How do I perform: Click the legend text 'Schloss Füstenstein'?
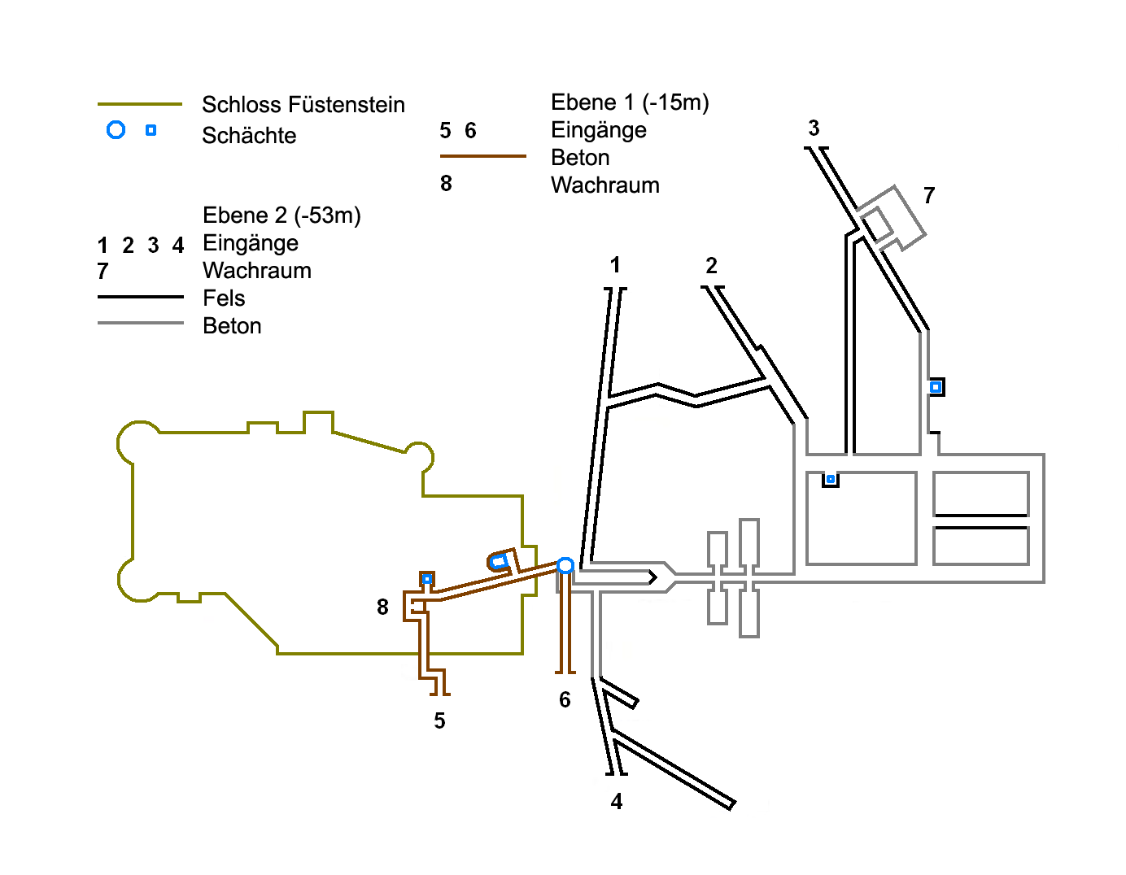[x=303, y=105]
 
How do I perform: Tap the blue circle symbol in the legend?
[x=116, y=130]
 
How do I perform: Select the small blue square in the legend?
[x=151, y=130]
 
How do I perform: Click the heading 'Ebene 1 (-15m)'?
[x=630, y=102]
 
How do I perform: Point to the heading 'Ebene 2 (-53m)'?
[x=281, y=215]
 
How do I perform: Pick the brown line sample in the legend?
[x=482, y=155]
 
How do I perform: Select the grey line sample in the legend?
[x=140, y=324]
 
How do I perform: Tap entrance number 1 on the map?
[x=615, y=265]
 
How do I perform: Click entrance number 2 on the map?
[x=712, y=266]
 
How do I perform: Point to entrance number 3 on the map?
[x=814, y=128]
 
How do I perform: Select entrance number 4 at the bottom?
[x=617, y=802]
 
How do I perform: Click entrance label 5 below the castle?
[x=439, y=721]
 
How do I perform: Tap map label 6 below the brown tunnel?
[x=565, y=700]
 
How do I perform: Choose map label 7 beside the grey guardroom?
[x=929, y=196]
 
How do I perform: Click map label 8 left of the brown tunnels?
[x=382, y=607]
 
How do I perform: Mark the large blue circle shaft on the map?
[x=565, y=565]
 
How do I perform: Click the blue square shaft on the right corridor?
[x=936, y=387]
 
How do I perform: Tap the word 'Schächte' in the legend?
[x=249, y=136]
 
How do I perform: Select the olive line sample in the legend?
[x=140, y=104]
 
